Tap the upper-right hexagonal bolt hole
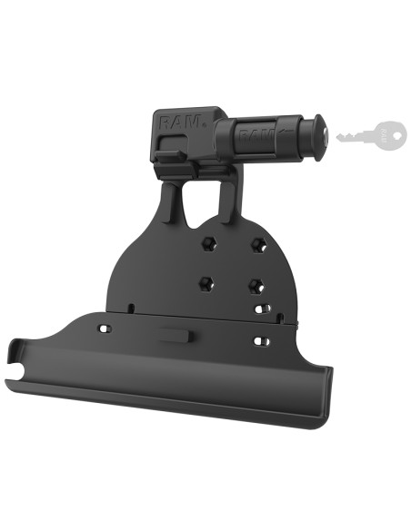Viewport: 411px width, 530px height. (x=258, y=242)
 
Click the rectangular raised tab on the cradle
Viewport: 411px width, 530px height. (x=174, y=334)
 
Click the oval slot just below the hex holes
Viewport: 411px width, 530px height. (x=263, y=310)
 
